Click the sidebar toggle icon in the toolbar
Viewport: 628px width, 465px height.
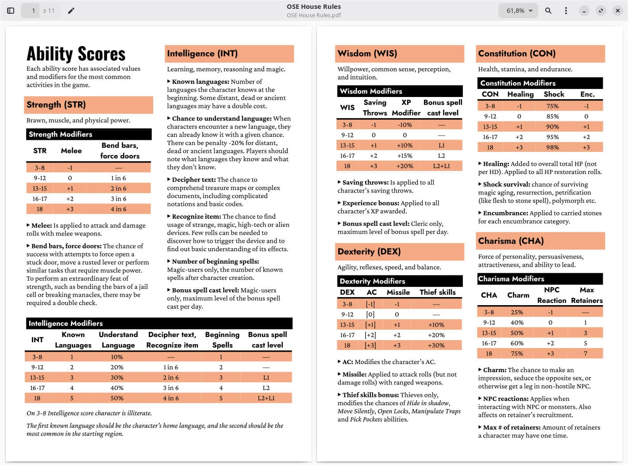[11, 11]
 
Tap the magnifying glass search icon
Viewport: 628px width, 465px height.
[548, 11]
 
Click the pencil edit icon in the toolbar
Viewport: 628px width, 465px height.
[71, 11]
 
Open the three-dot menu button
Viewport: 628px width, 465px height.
[566, 11]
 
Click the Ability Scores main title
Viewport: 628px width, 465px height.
[76, 54]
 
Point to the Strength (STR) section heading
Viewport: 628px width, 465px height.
[56, 105]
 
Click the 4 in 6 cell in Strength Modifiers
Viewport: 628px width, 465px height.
[118, 209]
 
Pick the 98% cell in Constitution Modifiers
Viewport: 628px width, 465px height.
[552, 147]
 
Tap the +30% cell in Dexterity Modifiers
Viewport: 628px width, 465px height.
[436, 345]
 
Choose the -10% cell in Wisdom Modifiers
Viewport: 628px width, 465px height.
[405, 125]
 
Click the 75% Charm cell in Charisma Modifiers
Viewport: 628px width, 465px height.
[517, 353]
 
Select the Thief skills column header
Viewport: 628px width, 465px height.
[437, 292]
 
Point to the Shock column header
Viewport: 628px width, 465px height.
[554, 94]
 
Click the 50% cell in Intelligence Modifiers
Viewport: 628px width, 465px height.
[117, 398]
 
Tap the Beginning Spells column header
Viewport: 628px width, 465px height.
[222, 340]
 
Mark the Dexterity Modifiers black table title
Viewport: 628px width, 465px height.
[372, 281]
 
